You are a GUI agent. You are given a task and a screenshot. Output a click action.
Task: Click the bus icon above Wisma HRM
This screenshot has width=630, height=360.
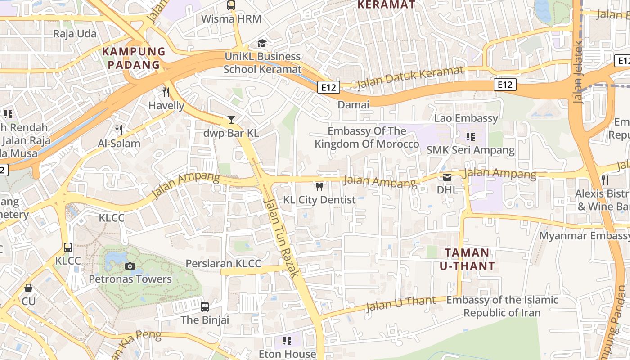[x=231, y=6]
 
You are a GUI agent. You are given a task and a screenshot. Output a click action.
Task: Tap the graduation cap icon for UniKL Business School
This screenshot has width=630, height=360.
[x=262, y=43]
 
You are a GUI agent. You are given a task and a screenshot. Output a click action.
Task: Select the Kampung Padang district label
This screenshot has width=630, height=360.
[x=134, y=58]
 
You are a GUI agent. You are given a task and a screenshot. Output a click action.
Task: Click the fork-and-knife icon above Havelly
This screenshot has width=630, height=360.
[x=166, y=92]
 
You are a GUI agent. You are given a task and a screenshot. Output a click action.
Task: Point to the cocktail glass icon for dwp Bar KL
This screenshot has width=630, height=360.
[x=231, y=120]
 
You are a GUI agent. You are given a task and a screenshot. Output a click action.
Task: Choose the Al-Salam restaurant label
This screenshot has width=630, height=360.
[x=119, y=144]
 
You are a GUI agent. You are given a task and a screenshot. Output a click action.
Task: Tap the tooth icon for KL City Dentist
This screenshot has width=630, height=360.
[x=319, y=186]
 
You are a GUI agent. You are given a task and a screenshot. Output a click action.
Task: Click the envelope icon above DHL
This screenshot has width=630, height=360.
[x=447, y=177]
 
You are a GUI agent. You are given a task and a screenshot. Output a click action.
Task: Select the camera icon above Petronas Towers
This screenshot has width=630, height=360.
[x=130, y=266]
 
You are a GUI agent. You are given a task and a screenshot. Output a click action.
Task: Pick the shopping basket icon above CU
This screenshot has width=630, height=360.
[x=28, y=288]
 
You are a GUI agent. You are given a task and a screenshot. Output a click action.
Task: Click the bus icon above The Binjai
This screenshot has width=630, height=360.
[x=205, y=307]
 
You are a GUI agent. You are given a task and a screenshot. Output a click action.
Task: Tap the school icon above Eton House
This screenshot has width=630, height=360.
[x=287, y=341]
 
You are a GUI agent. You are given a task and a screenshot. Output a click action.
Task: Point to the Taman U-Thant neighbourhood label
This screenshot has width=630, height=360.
[x=467, y=259]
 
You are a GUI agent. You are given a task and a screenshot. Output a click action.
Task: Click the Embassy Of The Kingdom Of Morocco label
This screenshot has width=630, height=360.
[x=367, y=138]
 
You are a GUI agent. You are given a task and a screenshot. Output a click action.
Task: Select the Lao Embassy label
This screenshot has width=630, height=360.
[x=466, y=118]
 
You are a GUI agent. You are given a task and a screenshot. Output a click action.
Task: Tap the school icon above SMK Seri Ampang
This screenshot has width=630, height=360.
[x=471, y=137]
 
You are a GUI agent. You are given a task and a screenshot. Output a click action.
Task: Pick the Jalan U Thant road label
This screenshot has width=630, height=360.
[x=400, y=305]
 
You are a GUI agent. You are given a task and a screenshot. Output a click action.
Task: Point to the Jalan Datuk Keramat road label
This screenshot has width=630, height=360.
[x=409, y=78]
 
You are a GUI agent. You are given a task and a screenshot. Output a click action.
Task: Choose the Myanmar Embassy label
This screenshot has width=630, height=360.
[x=584, y=236]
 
